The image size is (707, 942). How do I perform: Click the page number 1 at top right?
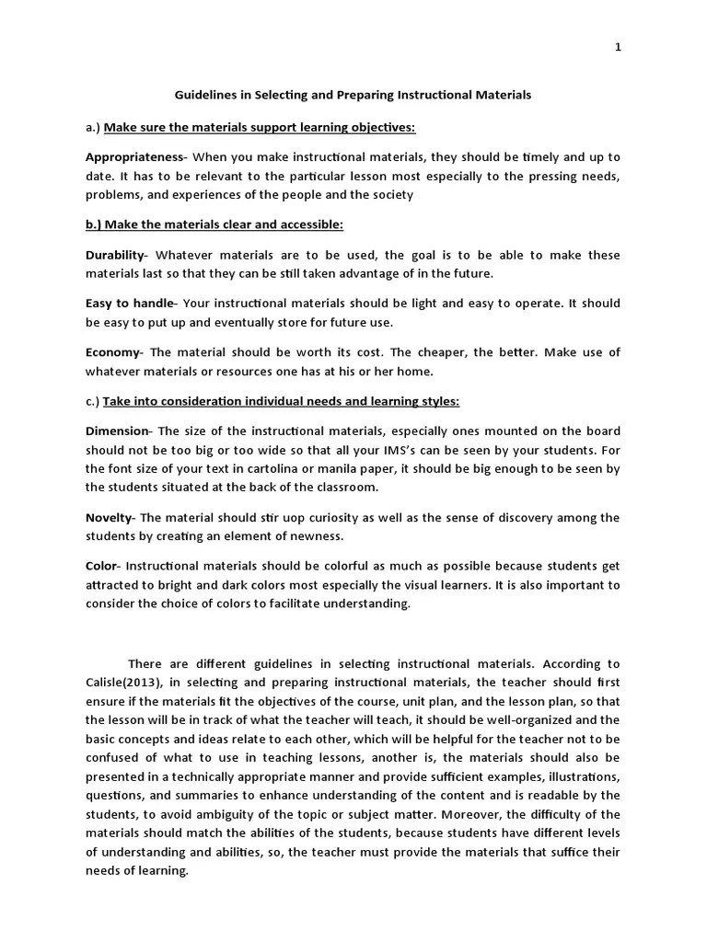(x=618, y=48)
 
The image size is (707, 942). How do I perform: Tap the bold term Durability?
(x=115, y=255)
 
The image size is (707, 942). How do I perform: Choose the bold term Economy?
(x=113, y=352)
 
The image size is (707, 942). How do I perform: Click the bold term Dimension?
(x=117, y=431)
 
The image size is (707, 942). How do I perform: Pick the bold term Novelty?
(x=110, y=518)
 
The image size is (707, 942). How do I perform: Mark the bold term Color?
(x=102, y=567)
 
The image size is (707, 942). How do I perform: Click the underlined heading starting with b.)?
(x=214, y=225)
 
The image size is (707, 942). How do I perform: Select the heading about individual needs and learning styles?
(x=281, y=401)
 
